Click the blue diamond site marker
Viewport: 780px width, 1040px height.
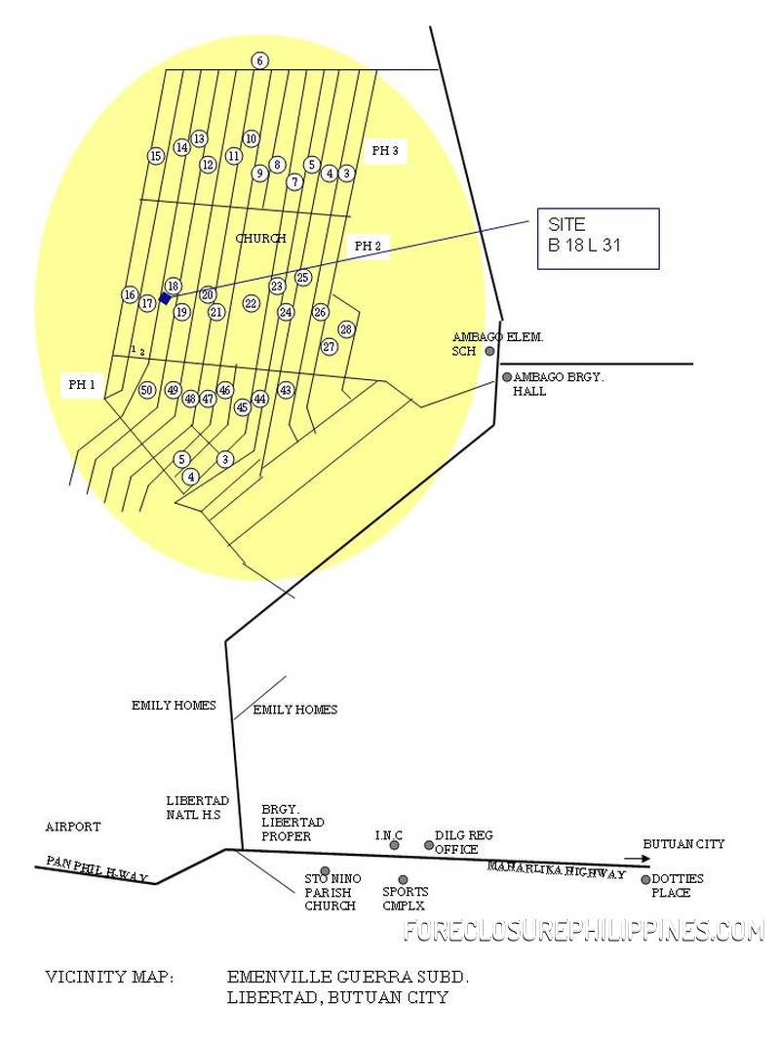(x=165, y=298)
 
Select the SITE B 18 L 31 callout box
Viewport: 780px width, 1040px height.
(x=598, y=238)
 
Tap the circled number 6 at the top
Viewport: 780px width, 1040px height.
(x=259, y=60)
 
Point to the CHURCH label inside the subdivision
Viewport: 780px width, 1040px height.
(x=260, y=238)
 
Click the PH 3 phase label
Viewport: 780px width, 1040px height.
(x=384, y=151)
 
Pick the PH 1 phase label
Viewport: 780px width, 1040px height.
(x=82, y=385)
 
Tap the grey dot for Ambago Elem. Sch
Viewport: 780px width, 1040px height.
(x=489, y=351)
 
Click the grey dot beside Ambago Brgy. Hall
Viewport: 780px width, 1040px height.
(x=507, y=377)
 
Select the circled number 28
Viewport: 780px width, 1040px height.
(x=345, y=329)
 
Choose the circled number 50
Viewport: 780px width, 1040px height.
(x=146, y=390)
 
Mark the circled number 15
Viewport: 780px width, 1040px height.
(x=155, y=156)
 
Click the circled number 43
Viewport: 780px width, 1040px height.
(x=286, y=390)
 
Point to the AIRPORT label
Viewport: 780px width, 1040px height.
(x=72, y=827)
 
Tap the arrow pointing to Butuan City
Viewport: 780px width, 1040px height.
(x=637, y=859)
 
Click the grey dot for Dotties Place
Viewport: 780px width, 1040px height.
(x=645, y=879)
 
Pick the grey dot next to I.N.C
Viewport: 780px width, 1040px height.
(x=394, y=845)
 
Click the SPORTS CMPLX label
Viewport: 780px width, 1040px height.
(x=405, y=898)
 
